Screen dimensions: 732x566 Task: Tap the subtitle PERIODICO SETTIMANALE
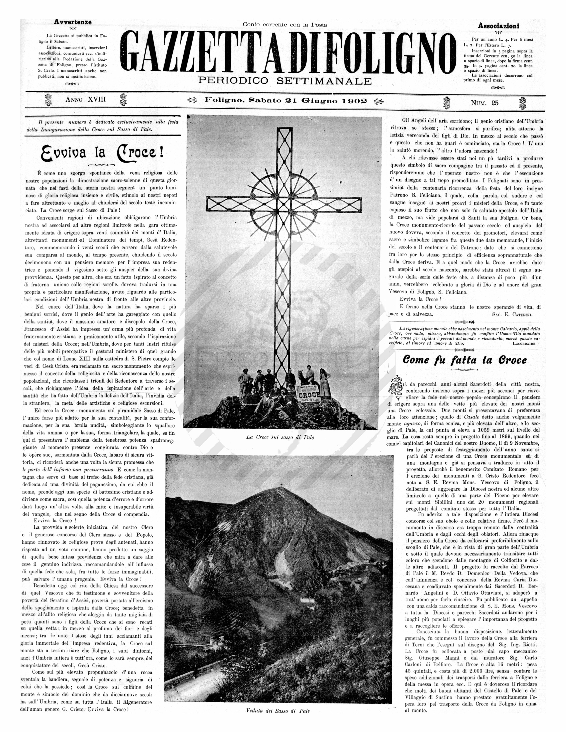coord(285,81)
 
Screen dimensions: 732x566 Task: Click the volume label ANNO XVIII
coord(85,100)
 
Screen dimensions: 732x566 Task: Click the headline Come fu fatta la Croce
coord(464,360)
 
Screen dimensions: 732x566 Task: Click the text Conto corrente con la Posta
coord(285,24)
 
